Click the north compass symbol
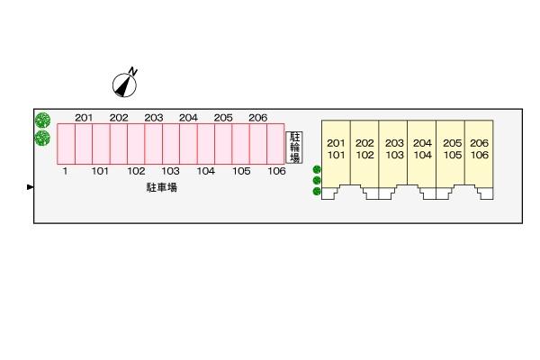click(125, 83)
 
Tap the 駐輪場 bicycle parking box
click(294, 148)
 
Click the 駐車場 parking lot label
click(162, 187)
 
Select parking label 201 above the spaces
click(84, 118)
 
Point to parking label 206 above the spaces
click(257, 118)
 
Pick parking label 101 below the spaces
click(100, 171)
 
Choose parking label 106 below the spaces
click(276, 171)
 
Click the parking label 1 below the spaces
click(65, 171)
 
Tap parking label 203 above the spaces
click(153, 118)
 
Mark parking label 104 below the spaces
click(205, 171)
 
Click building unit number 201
click(336, 143)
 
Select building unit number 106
click(479, 155)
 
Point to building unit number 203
click(394, 143)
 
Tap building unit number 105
click(452, 155)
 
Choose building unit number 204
click(422, 143)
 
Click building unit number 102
click(364, 155)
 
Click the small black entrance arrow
click(31, 187)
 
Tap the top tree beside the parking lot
click(42, 121)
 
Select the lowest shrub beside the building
click(317, 191)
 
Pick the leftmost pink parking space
click(65, 144)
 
